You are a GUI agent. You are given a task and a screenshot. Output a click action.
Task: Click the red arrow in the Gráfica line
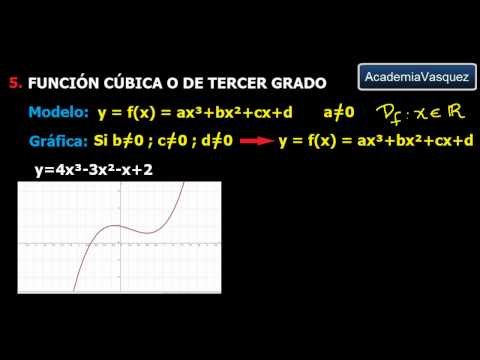(x=258, y=142)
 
